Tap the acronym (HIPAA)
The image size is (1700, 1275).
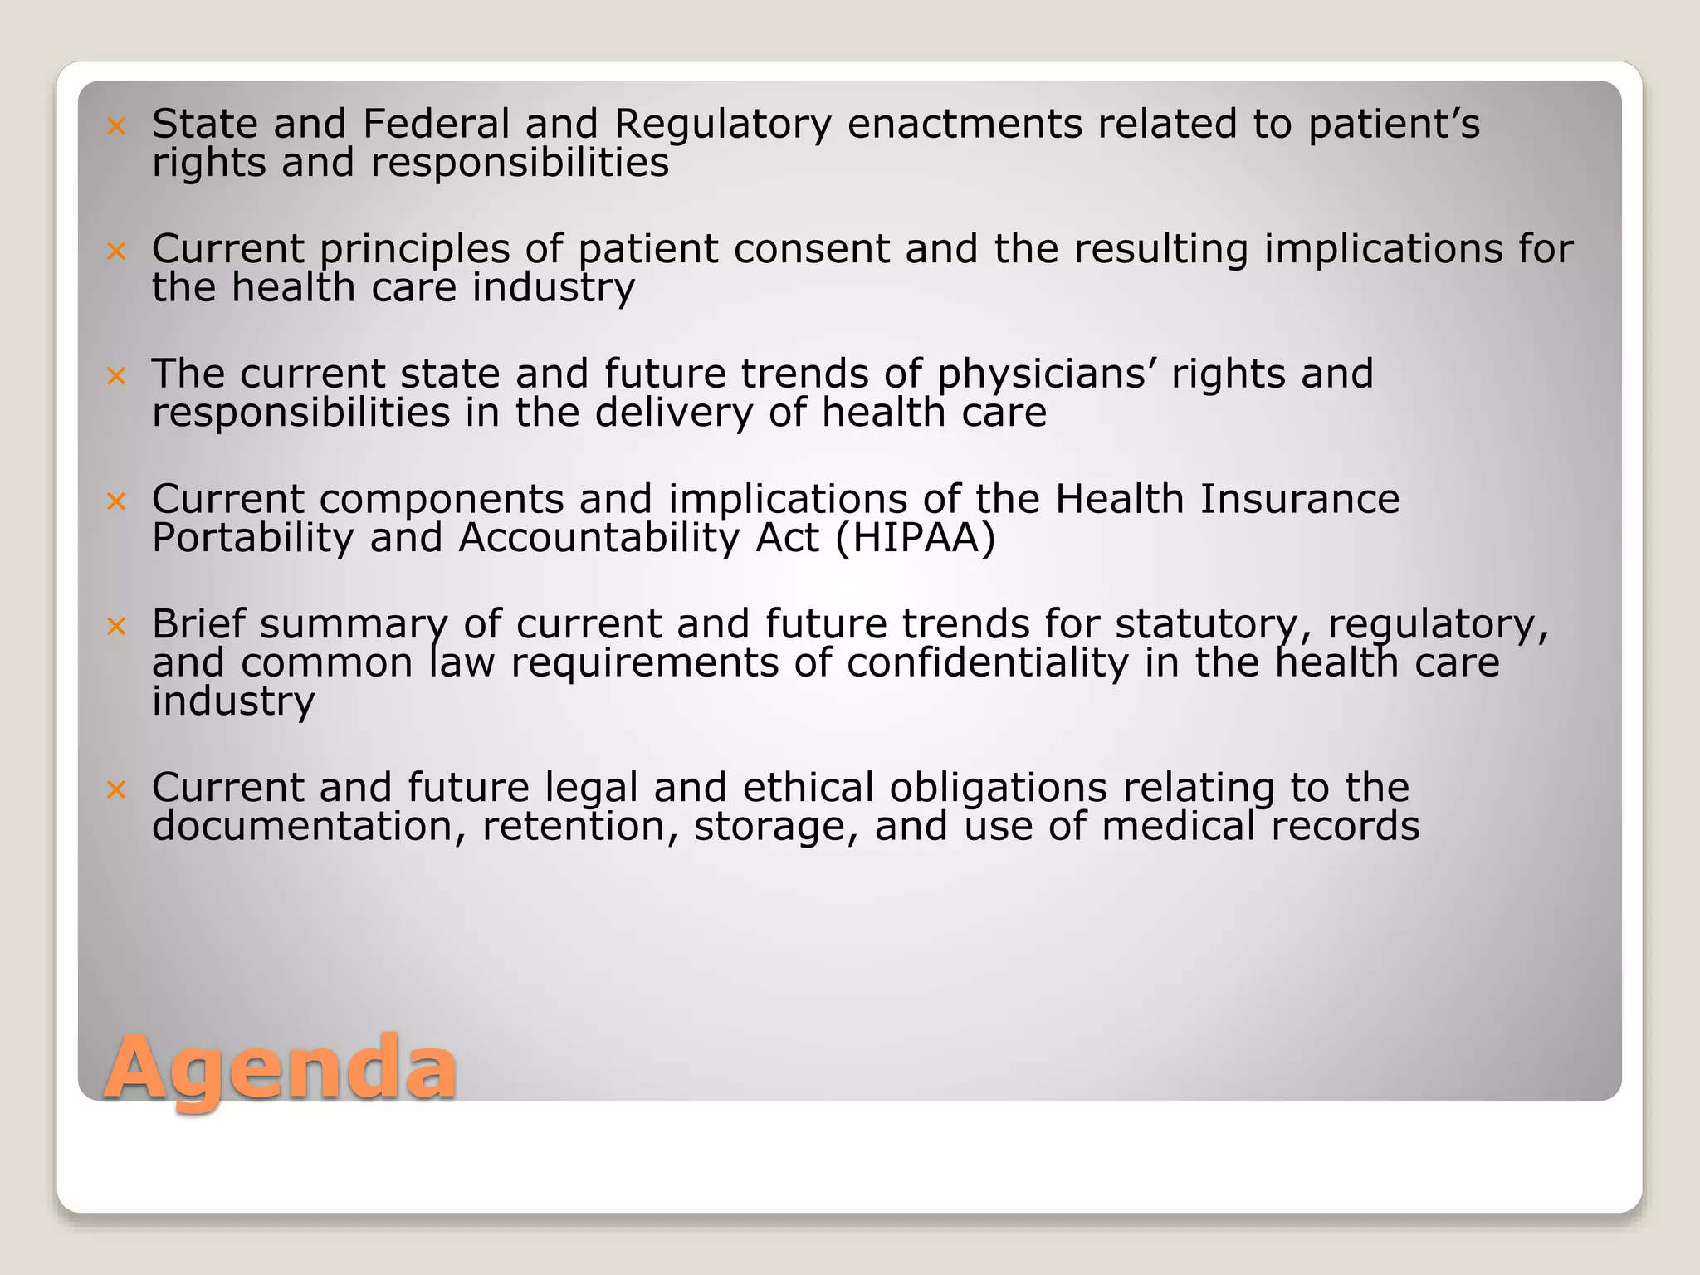point(915,538)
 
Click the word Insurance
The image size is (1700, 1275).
point(1299,499)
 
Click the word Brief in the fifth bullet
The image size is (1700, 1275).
point(199,623)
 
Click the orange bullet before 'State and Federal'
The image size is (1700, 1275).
point(116,126)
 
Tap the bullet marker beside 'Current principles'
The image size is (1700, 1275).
point(116,251)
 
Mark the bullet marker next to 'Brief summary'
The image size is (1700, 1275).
point(116,626)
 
